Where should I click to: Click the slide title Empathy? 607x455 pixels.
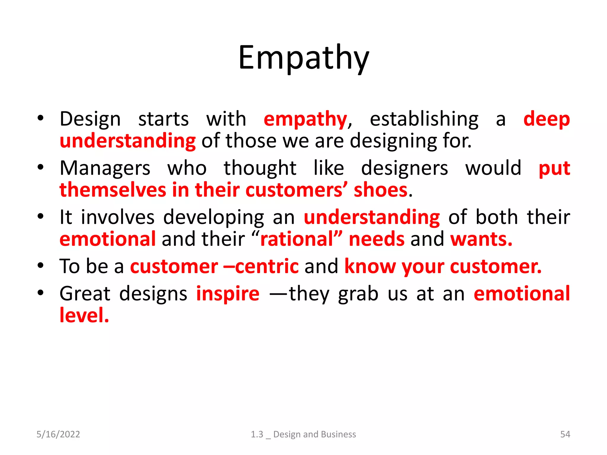point(303,58)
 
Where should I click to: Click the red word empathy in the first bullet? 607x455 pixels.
point(305,119)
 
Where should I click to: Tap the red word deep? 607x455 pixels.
point(546,119)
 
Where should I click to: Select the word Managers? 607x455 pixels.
point(105,168)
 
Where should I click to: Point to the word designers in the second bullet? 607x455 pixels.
point(404,168)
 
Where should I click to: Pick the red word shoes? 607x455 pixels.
point(381,190)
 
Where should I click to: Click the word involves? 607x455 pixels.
point(118,217)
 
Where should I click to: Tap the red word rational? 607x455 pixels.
point(297,239)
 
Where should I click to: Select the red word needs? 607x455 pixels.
point(376,239)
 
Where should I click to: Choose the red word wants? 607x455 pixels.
point(481,239)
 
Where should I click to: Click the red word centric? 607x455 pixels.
point(267,266)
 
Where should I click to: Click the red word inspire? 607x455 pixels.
point(228,294)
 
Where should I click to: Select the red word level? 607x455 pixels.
point(84,315)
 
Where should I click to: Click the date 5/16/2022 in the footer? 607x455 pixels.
point(58,434)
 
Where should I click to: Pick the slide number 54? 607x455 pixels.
point(565,434)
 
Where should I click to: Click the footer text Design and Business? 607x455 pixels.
point(314,434)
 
